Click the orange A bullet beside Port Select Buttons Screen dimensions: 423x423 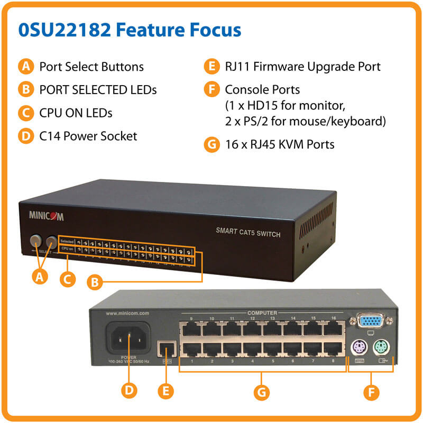click(x=25, y=67)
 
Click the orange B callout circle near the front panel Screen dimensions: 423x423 click(x=95, y=283)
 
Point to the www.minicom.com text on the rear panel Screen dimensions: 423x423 click(x=127, y=313)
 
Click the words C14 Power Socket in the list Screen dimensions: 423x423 click(x=88, y=136)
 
